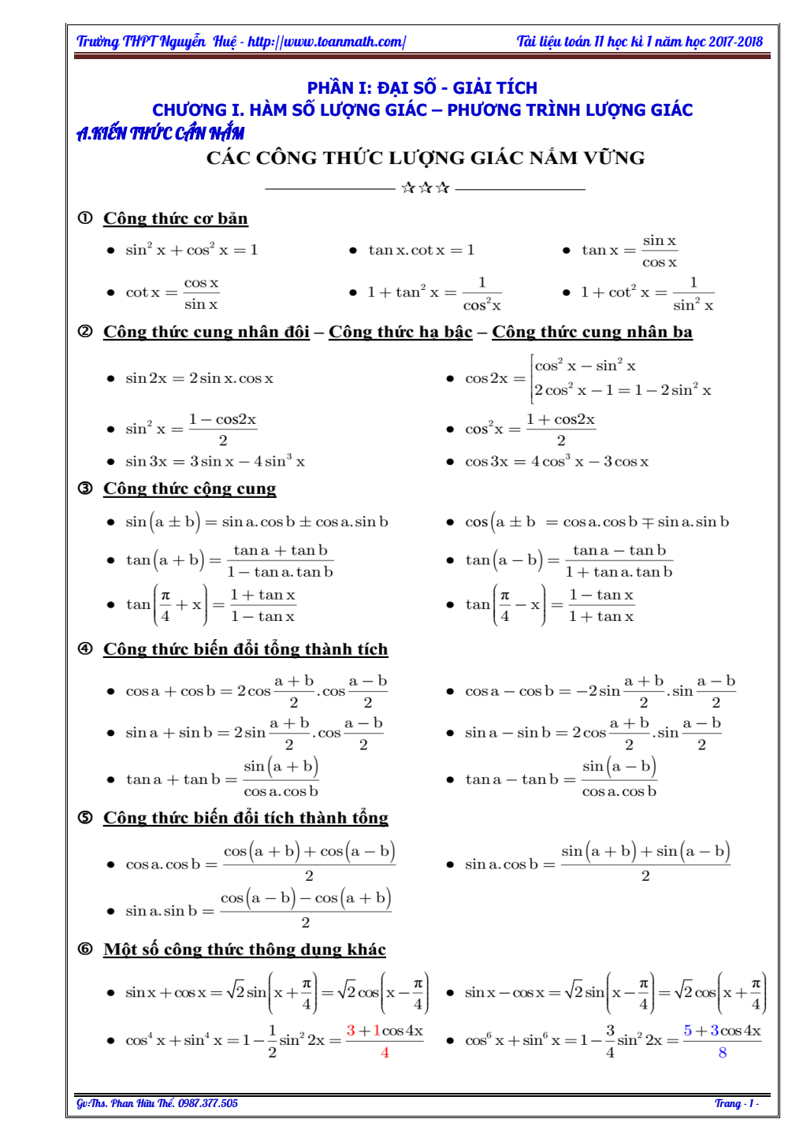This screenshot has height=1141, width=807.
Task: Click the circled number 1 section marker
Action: tap(85, 218)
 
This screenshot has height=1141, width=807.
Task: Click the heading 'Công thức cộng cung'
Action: tap(189, 489)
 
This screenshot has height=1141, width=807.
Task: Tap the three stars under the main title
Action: tap(426, 188)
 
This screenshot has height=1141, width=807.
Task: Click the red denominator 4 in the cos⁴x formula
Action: tap(385, 1053)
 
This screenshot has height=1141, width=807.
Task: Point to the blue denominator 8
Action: tap(722, 1053)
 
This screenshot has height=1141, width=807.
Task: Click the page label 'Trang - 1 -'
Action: tap(736, 1103)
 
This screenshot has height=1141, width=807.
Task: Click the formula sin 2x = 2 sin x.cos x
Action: tap(199, 378)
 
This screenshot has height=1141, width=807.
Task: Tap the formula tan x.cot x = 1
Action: tap(422, 250)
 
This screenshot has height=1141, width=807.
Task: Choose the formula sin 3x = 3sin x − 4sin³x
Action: tap(215, 461)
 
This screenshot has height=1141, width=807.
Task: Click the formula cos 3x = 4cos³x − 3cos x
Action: tap(556, 461)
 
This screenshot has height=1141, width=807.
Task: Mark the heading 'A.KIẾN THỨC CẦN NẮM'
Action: tap(160, 133)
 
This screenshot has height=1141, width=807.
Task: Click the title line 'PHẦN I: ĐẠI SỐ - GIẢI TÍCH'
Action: tap(422, 87)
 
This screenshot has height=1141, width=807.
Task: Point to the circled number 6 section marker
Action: tap(85, 949)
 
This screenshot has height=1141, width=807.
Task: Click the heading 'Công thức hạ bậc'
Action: tap(400, 332)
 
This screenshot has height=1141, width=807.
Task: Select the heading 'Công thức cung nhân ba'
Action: tap(592, 332)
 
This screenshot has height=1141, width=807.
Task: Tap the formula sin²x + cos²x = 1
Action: tap(192, 250)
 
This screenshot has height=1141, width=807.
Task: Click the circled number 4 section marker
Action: tap(85, 649)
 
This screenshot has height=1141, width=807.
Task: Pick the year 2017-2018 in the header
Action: tap(735, 42)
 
